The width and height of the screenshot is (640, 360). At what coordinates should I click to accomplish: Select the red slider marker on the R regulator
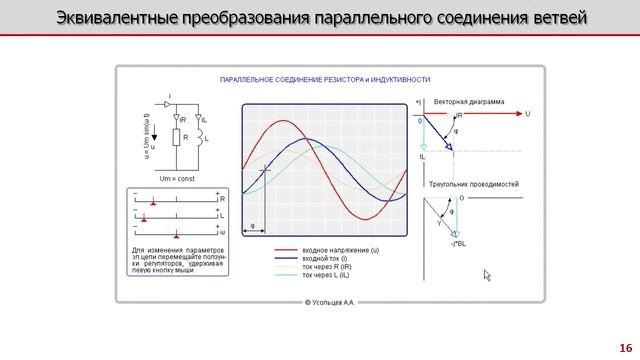click(152, 201)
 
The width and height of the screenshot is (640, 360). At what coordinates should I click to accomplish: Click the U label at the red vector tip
click(528, 114)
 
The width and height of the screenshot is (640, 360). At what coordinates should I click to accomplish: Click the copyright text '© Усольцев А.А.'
click(331, 300)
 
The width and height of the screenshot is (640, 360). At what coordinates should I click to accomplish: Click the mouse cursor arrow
click(487, 275)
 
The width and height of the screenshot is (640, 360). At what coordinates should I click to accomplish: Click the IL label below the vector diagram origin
click(423, 157)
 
